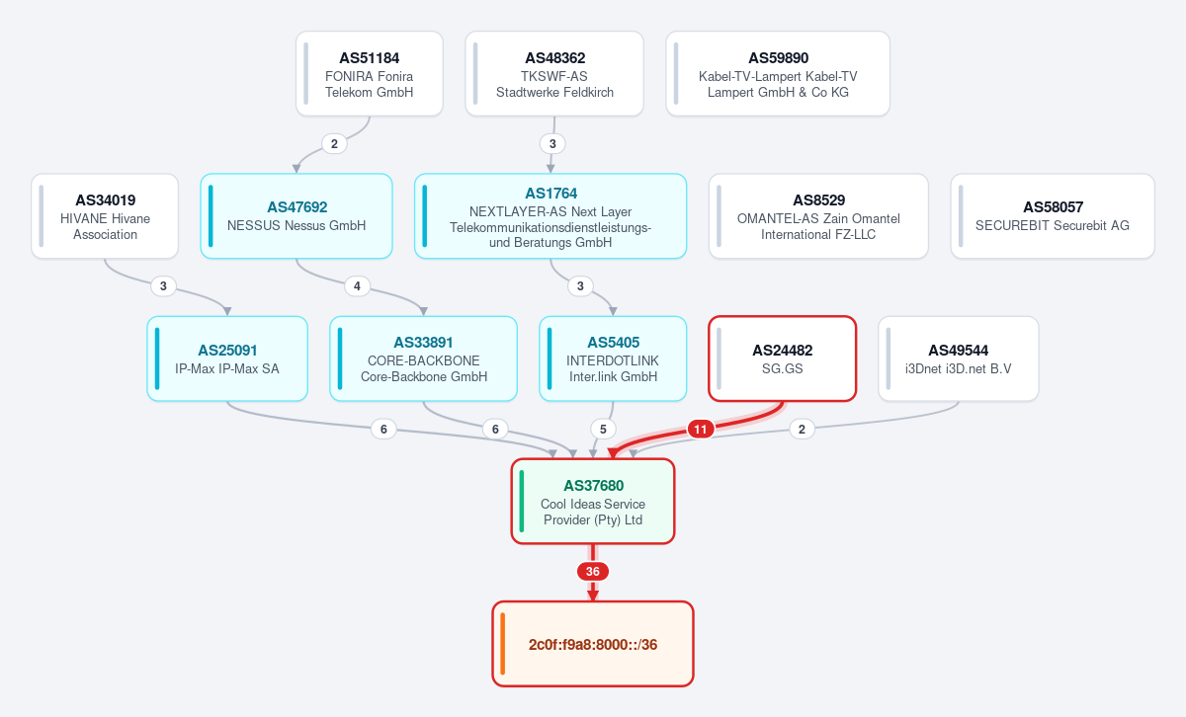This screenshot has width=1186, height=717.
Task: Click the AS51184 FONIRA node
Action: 369,73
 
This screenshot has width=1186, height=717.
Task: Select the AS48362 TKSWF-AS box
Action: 554,73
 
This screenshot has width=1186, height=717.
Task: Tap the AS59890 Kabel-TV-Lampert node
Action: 778,73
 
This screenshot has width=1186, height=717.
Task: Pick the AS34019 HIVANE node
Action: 105,216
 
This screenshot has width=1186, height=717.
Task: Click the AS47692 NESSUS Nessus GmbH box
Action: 296,216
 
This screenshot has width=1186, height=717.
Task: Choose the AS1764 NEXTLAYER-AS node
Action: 551,216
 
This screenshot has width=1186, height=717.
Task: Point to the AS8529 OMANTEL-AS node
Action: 818,216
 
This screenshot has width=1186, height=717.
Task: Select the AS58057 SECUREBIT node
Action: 1053,216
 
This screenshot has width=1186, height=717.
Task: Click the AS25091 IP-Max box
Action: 227,358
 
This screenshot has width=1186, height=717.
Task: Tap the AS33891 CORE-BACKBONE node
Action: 424,358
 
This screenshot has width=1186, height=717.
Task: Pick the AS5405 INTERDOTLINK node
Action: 613,358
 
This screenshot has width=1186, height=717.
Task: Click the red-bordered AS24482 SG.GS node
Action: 783,358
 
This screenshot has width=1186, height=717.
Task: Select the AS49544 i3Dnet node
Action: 959,358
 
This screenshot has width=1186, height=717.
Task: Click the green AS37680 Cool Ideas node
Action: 593,501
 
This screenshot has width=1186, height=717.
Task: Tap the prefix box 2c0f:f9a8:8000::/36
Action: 593,644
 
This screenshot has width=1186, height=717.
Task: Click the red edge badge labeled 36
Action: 592,572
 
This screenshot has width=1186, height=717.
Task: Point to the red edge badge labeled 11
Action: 701,430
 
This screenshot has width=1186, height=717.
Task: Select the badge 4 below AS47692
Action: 358,286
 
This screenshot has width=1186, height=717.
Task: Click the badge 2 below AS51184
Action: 334,144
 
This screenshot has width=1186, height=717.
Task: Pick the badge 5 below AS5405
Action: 603,430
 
